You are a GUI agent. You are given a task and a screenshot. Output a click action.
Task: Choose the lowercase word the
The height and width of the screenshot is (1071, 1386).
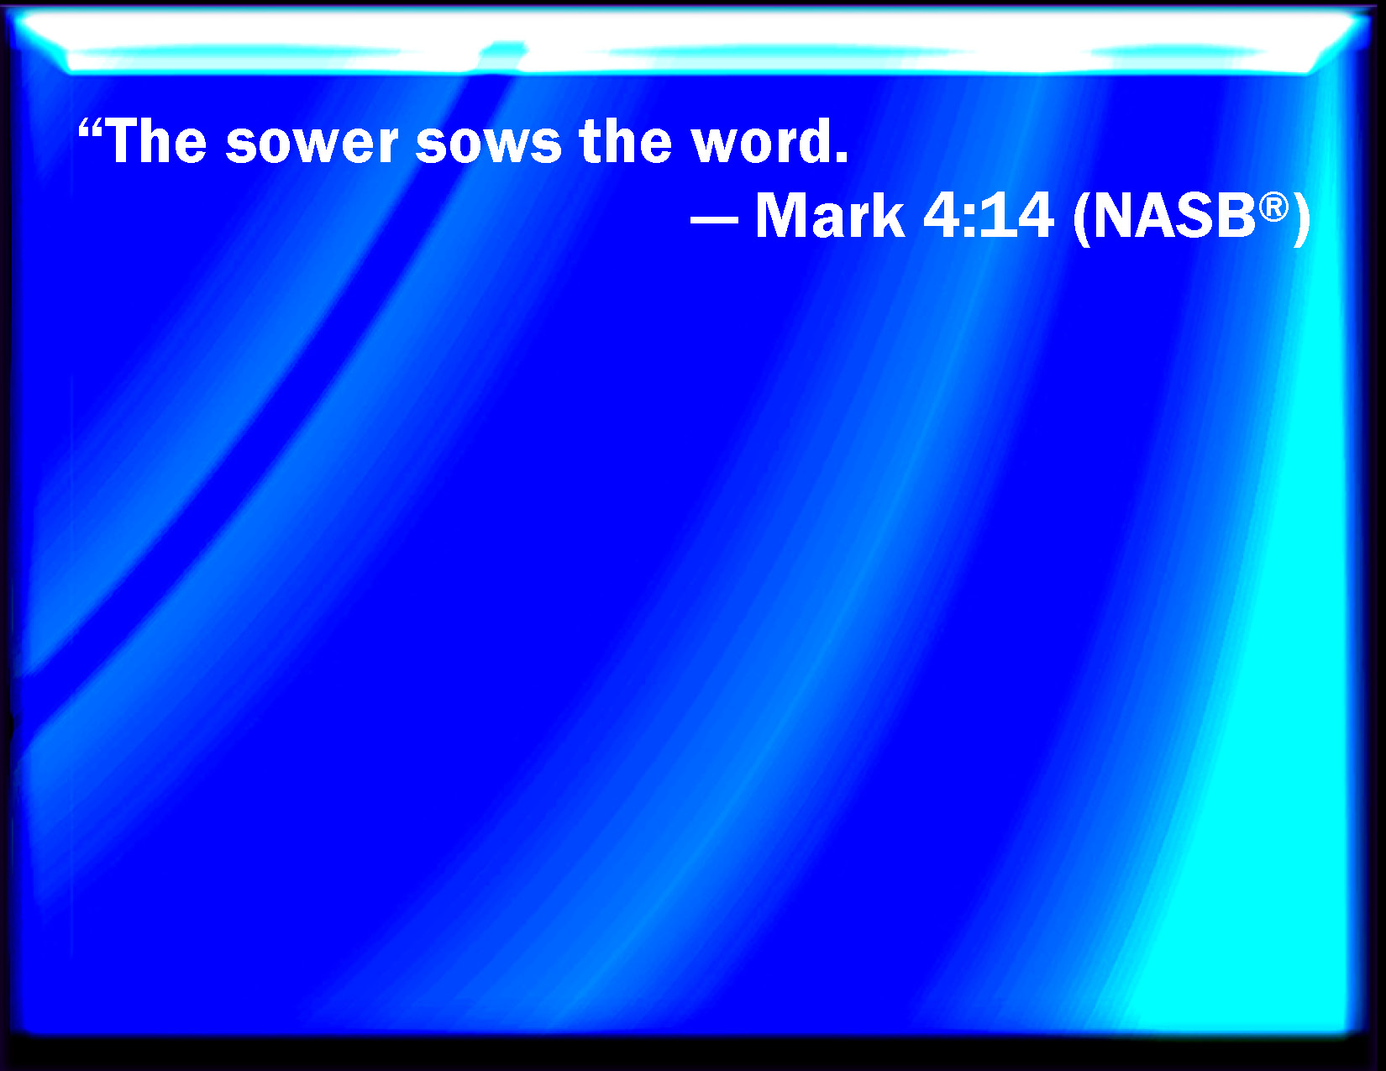click(625, 141)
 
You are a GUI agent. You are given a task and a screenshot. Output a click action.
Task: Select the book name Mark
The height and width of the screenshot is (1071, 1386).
click(830, 215)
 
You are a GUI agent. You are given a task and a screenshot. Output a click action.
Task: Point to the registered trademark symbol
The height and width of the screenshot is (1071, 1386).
click(1273, 209)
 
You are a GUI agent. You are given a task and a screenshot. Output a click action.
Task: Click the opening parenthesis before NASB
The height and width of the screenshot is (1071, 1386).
click(1081, 219)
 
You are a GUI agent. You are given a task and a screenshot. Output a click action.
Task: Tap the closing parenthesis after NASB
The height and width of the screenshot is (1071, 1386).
click(1302, 219)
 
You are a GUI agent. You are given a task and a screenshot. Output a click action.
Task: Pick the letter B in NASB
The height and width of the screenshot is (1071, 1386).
click(1237, 216)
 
